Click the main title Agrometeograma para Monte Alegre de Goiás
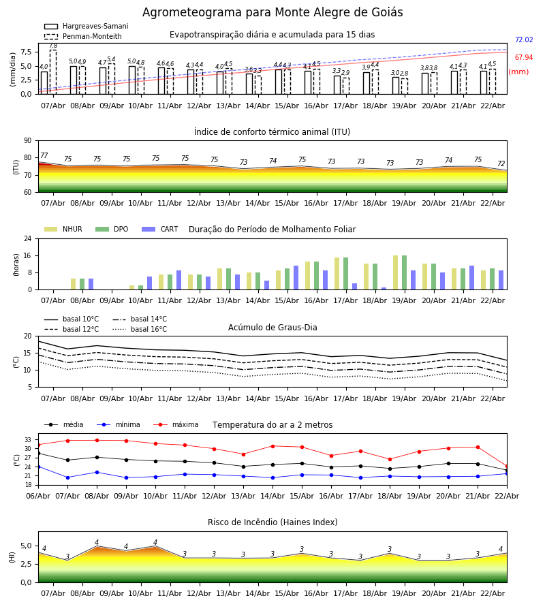[272, 13]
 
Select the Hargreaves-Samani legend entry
[86, 27]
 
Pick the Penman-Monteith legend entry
[83, 37]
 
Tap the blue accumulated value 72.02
[524, 40]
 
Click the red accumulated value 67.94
[524, 58]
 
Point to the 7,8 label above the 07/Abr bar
[53, 46]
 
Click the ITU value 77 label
[44, 156]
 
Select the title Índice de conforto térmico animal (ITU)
[272, 132]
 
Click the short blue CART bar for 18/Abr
[384, 288]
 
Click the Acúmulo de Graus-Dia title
[272, 328]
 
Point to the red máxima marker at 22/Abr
[507, 466]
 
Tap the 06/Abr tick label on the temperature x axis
[38, 495]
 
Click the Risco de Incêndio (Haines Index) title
[272, 522]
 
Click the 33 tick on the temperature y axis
[27, 440]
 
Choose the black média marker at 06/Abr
[38, 453]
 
